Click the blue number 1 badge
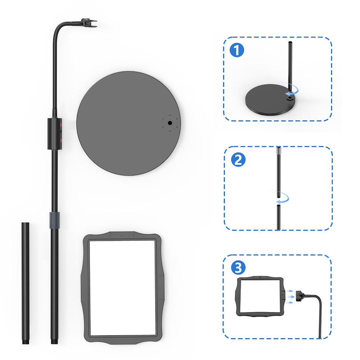[x=237, y=50]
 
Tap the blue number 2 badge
[x=238, y=159]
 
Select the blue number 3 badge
[x=238, y=268]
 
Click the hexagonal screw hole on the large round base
[x=170, y=123]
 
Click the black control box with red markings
[x=55, y=134]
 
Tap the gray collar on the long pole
[x=54, y=220]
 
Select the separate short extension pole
[x=25, y=283]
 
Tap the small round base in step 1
[x=270, y=99]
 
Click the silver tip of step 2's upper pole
[x=279, y=150]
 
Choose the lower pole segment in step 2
[x=279, y=217]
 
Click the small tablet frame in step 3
[x=260, y=296]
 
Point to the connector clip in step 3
[x=300, y=296]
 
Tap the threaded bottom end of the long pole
[x=54, y=341]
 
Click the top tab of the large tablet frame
[x=122, y=235]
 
